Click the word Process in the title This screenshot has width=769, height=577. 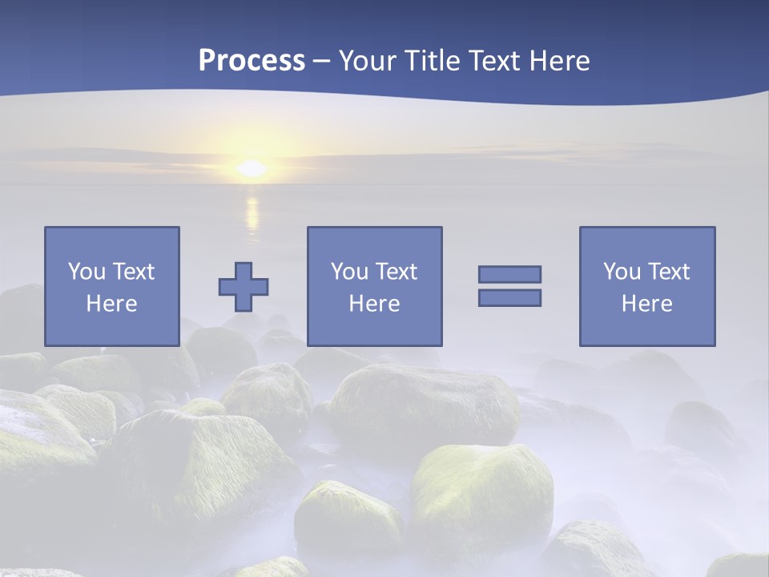(x=252, y=60)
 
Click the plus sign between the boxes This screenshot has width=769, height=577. (x=244, y=287)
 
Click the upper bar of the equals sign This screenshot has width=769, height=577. (x=509, y=274)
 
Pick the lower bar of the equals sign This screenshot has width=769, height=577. (x=509, y=297)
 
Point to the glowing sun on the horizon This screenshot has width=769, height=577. (x=252, y=168)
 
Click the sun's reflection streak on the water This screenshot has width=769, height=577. (x=252, y=212)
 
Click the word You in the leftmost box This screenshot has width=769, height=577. (x=87, y=272)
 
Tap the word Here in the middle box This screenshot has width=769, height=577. (x=374, y=304)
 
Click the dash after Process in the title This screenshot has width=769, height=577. (x=322, y=61)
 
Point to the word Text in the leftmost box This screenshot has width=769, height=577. (x=133, y=272)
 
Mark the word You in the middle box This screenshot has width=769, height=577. (x=349, y=272)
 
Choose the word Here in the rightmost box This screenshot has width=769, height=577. (x=647, y=304)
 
